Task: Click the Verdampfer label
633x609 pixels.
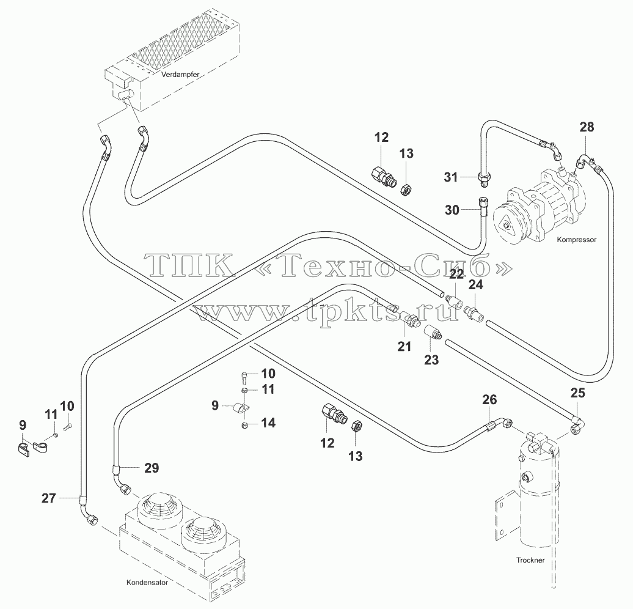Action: (x=180, y=75)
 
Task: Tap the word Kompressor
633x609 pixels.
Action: (x=577, y=240)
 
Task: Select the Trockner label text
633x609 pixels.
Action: (x=530, y=560)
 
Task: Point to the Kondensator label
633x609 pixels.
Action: (x=147, y=582)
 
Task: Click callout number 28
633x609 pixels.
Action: (x=587, y=127)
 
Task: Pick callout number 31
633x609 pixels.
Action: (x=451, y=177)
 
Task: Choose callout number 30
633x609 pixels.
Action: (x=452, y=210)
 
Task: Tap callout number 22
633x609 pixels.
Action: (x=456, y=275)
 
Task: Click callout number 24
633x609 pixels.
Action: (x=475, y=285)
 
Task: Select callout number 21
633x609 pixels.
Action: (x=404, y=346)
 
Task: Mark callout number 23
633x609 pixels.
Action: (x=431, y=360)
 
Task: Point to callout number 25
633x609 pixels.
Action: (x=577, y=393)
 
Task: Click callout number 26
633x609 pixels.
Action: (x=489, y=400)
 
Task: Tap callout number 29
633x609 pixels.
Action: (x=152, y=468)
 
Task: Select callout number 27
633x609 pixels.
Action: (x=49, y=498)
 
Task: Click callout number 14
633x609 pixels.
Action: (x=268, y=423)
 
